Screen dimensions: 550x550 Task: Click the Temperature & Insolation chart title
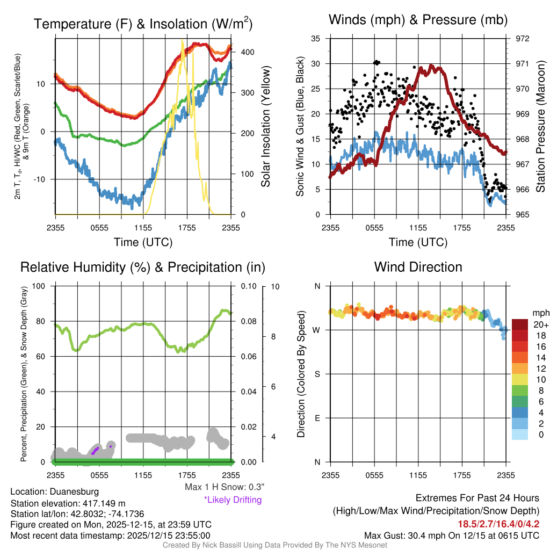[x=143, y=24]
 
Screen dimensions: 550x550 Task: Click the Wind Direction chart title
[x=418, y=267]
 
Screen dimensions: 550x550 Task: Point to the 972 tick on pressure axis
[x=523, y=39]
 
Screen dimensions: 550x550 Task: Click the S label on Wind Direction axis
[x=317, y=374]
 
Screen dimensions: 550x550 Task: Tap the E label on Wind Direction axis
[x=317, y=418]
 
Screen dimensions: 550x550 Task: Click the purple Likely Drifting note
[x=233, y=500]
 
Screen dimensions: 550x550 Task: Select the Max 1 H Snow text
[x=224, y=487]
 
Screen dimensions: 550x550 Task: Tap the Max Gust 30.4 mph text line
[x=451, y=535]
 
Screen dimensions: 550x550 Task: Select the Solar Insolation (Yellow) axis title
[x=266, y=127]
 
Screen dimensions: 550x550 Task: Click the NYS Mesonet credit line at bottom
[x=274, y=545]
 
